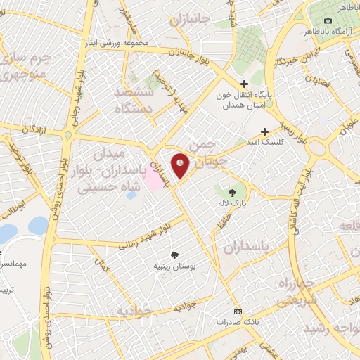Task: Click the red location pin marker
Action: (x=181, y=165)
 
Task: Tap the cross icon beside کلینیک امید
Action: (x=264, y=131)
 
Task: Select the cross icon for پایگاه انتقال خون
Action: (x=244, y=84)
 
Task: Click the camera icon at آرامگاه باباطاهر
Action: (x=328, y=20)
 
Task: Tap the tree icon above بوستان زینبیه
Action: (x=174, y=255)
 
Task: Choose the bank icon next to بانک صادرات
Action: (x=237, y=311)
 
